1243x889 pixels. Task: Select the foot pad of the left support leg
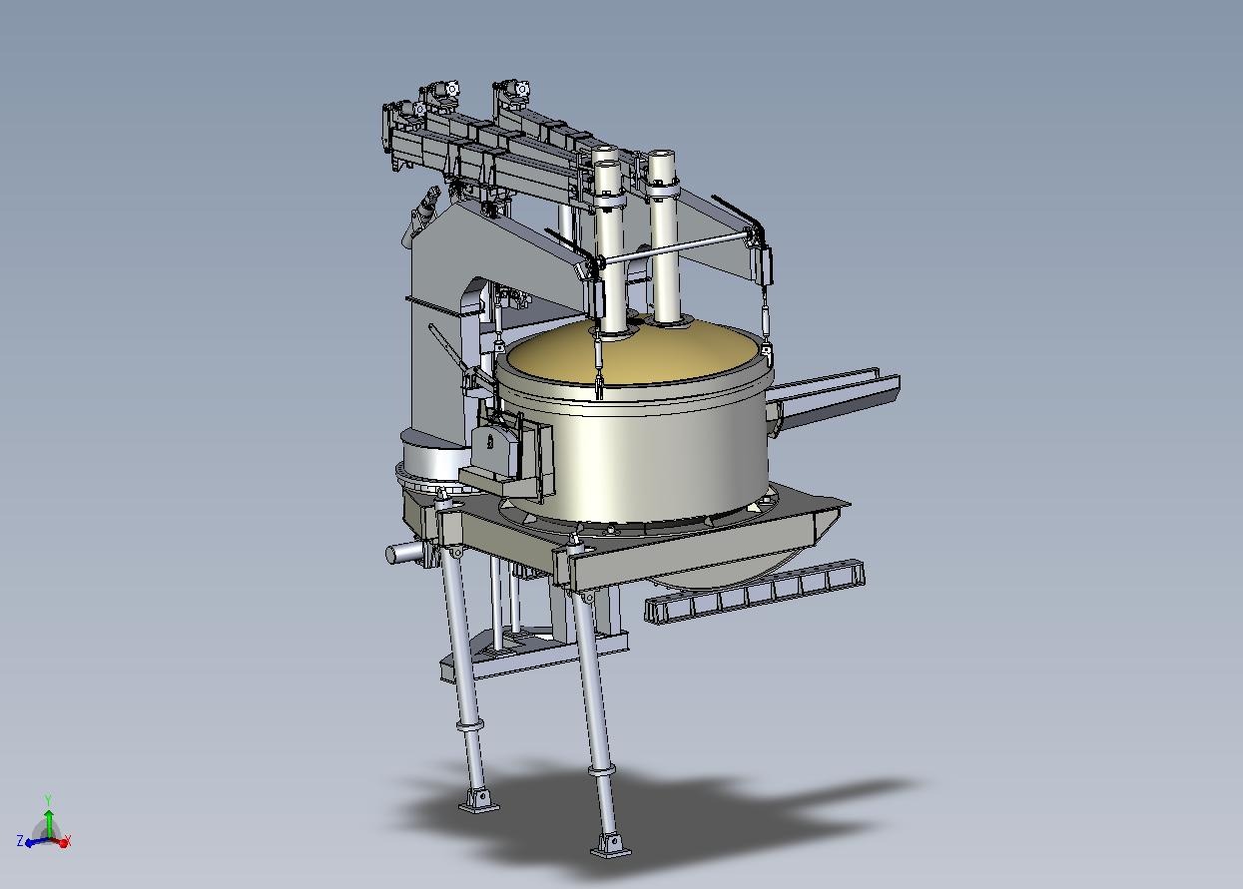click(478, 802)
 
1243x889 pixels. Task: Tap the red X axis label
click(69, 839)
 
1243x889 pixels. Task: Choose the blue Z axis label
click(20, 841)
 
